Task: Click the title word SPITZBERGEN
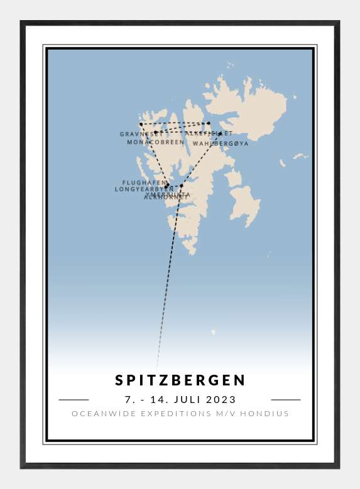point(181,380)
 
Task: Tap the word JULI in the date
point(188,399)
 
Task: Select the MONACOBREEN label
point(155,142)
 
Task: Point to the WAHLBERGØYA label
point(221,144)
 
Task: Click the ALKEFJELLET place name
point(208,134)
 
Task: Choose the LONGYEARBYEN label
point(144,189)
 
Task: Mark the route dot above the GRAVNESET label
point(141,124)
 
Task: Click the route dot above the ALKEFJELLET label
point(208,123)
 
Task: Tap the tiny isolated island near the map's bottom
point(213,332)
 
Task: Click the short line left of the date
point(74,399)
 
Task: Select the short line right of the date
point(286,399)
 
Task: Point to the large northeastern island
point(248,107)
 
